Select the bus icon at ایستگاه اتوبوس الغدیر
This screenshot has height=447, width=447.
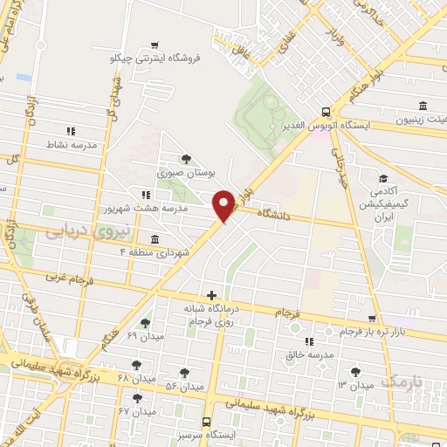click(325, 112)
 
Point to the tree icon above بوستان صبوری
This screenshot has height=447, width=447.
click(186, 158)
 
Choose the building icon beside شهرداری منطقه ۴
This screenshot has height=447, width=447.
click(155, 239)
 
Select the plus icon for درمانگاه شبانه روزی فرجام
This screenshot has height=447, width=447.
click(210, 296)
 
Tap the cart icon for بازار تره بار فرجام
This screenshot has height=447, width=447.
click(372, 320)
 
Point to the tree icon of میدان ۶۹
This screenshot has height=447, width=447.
click(145, 323)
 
